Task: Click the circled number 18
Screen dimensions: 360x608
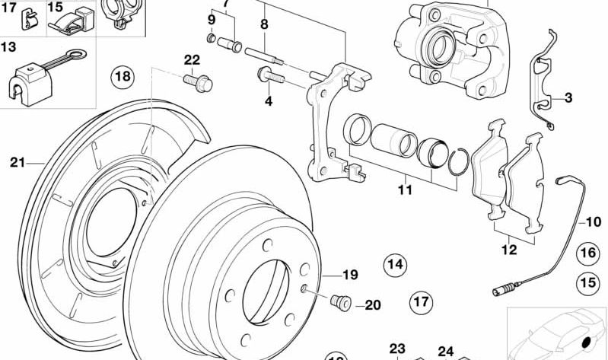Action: pos(122,76)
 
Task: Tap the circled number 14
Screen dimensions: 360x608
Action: pos(394,265)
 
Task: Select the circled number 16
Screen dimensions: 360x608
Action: pos(587,253)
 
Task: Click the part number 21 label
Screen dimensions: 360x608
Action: pos(18,161)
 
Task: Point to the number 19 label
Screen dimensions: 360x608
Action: pos(349,275)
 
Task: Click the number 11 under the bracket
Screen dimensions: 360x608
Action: pos(405,190)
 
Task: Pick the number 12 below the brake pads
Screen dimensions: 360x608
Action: pos(508,249)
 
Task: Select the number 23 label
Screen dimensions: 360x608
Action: pos(398,349)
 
